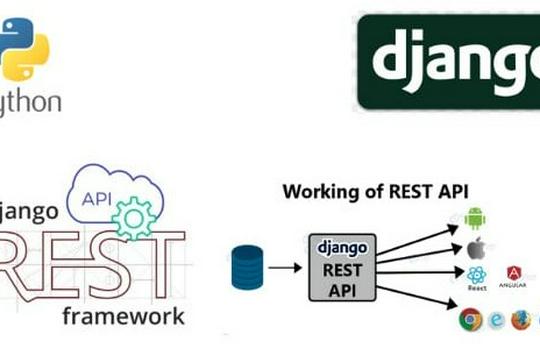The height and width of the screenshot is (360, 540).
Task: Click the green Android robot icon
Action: pyautogui.click(x=476, y=216)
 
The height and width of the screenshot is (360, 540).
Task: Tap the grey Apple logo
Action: pyautogui.click(x=475, y=247)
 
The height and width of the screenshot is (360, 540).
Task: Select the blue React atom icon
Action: pyautogui.click(x=476, y=275)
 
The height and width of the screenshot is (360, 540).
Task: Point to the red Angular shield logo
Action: pyautogui.click(x=514, y=274)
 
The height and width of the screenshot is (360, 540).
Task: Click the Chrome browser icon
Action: pyautogui.click(x=467, y=320)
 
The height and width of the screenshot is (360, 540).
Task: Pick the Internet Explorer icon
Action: pyautogui.click(x=495, y=320)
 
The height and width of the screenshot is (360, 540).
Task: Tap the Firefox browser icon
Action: pyautogui.click(x=521, y=320)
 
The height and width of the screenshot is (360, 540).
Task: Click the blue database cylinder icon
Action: pyautogui.click(x=246, y=267)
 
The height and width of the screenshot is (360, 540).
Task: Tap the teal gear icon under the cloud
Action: pyautogui.click(x=132, y=215)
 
